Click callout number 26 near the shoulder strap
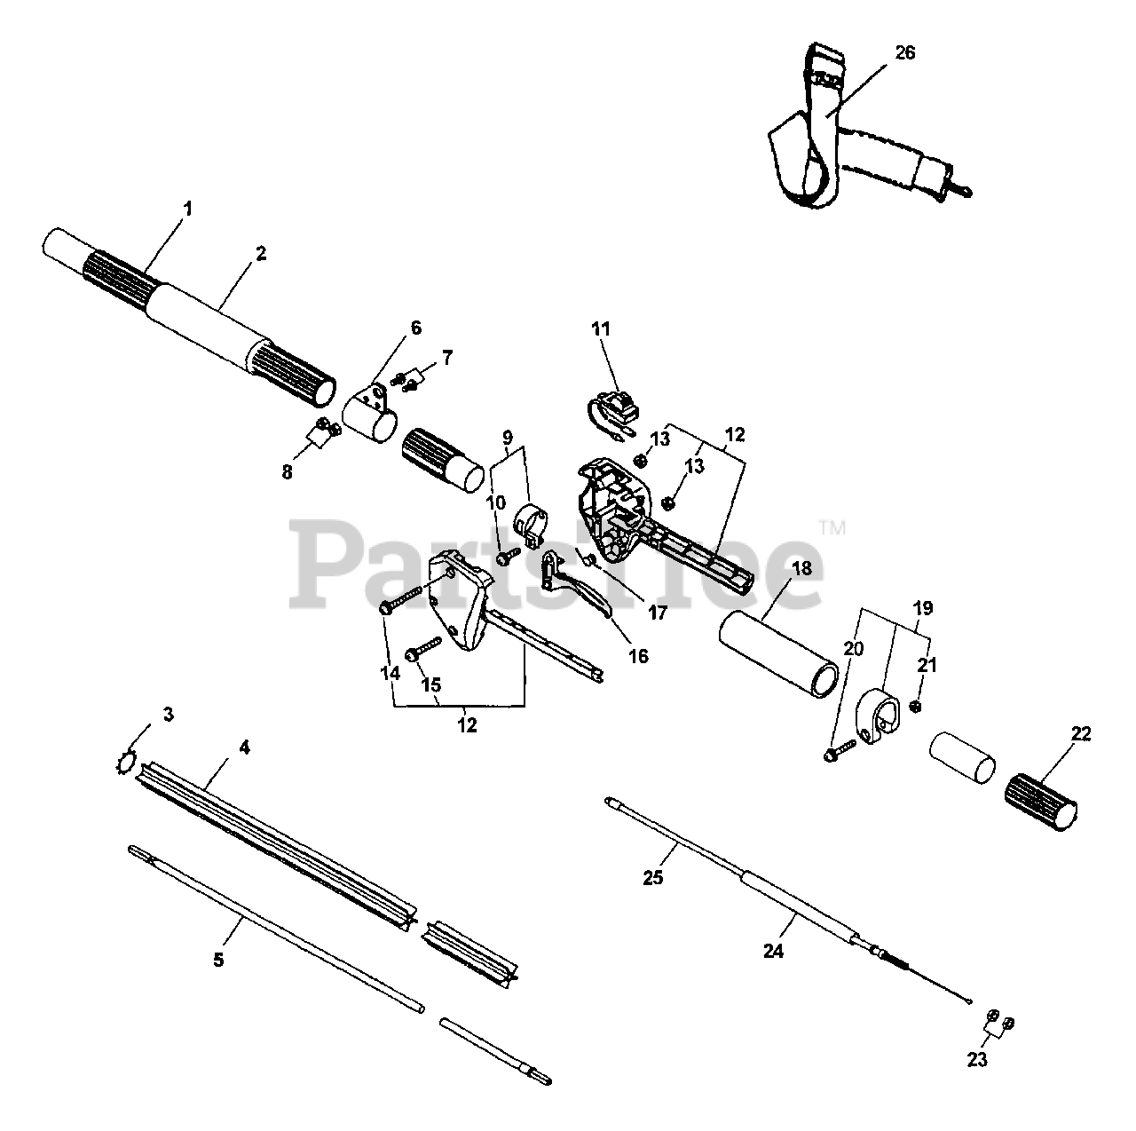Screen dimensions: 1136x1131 [904, 53]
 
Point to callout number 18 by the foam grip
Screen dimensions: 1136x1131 [801, 569]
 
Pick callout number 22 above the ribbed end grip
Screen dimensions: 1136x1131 [1081, 734]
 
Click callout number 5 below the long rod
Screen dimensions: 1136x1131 [218, 960]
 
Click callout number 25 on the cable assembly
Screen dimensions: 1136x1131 [678, 878]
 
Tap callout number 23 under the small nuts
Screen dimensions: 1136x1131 [977, 1059]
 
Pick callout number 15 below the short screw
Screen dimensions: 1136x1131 [430, 684]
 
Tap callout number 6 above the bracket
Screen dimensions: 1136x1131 [415, 328]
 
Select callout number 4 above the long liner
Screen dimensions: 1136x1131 [245, 747]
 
